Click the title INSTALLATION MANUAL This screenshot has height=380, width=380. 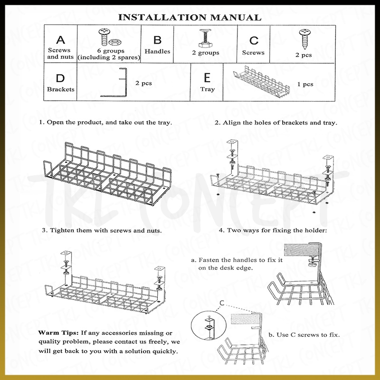(x=190, y=18)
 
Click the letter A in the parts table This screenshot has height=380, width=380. (x=59, y=39)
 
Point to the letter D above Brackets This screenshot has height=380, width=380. (x=60, y=78)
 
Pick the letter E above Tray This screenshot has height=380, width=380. (x=207, y=78)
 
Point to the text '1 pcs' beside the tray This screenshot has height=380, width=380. (x=305, y=85)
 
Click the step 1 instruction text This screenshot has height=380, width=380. (x=105, y=122)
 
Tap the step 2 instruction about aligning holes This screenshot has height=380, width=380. (x=275, y=122)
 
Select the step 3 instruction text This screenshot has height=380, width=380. (x=102, y=230)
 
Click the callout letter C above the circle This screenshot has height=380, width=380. (x=222, y=303)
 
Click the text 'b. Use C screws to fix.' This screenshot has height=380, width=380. (x=304, y=334)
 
